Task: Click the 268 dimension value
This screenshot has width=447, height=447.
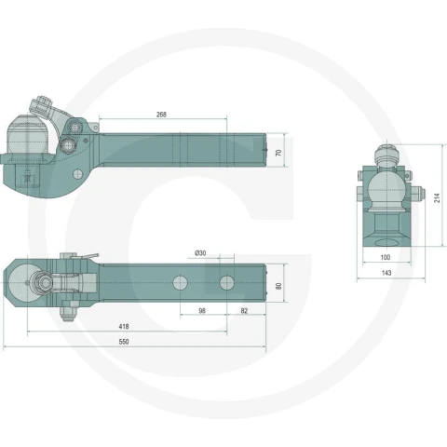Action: (x=161, y=115)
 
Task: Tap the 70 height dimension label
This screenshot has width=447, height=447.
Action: (x=278, y=153)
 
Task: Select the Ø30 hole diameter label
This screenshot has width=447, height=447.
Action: (x=200, y=253)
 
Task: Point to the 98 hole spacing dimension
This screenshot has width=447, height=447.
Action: (x=202, y=311)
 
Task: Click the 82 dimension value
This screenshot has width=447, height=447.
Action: (x=244, y=311)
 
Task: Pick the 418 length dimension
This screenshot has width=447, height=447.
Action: (x=124, y=327)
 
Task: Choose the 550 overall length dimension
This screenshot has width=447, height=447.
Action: (x=124, y=342)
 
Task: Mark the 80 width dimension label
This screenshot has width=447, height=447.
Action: (x=278, y=286)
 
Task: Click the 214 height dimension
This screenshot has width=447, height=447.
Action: (x=437, y=197)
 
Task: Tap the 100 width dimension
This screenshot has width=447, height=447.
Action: (x=386, y=257)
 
